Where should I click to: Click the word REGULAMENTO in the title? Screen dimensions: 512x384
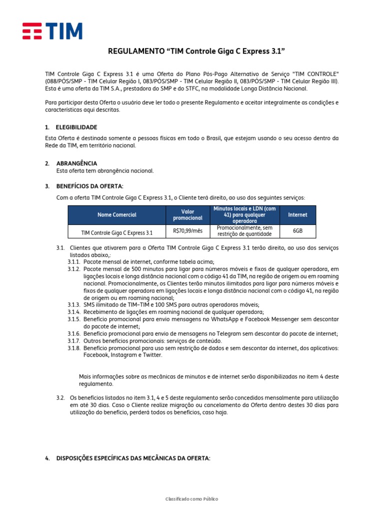tap(135, 51)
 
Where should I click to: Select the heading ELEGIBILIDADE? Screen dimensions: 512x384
tap(76, 127)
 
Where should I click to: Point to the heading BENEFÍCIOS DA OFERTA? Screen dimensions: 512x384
tap(89, 186)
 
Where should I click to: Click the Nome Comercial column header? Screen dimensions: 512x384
tap(117, 215)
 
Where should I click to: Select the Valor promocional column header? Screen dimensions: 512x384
tap(187, 215)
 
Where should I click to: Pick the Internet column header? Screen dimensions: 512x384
tap(297, 215)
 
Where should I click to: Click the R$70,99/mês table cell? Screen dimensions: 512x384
tap(187, 231)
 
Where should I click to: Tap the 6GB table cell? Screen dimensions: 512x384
tap(297, 231)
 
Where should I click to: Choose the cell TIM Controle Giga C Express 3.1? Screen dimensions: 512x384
tap(117, 232)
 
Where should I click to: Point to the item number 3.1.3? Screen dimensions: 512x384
tap(74, 305)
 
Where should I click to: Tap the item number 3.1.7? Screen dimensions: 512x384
tap(74, 341)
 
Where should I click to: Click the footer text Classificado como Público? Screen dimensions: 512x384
tap(192, 499)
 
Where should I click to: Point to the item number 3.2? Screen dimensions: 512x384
tap(60, 397)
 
